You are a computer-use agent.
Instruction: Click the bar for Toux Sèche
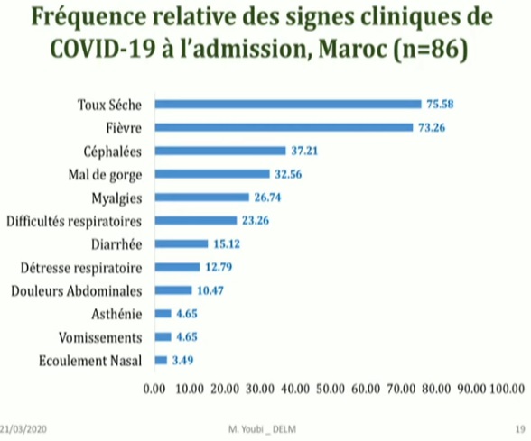coord(289,104)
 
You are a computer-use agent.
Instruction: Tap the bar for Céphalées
coord(221,151)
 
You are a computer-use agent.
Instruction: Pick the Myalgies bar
coord(202,197)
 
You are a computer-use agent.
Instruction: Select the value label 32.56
coord(288,174)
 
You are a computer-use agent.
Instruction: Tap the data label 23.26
coord(256,220)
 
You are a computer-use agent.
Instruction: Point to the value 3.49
coord(183,360)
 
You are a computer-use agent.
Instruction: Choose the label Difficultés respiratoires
coord(77,220)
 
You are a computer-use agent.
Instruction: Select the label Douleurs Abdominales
coord(79,290)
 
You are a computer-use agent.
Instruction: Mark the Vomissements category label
coord(101,337)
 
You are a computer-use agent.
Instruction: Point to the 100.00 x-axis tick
coord(507,390)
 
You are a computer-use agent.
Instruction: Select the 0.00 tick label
coord(155,390)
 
